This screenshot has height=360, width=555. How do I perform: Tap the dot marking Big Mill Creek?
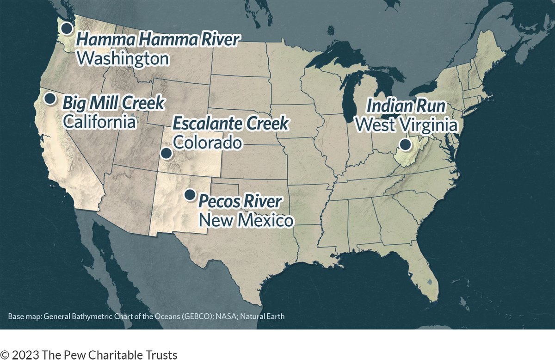point(50,98)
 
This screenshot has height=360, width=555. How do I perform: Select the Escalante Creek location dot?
point(166,153)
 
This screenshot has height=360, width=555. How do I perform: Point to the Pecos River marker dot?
point(190,194)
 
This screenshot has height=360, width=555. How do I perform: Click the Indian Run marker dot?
point(406,144)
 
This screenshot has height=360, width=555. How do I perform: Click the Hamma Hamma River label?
point(157,40)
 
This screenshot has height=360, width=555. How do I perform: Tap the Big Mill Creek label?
point(113,103)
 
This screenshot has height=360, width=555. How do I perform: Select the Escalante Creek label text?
point(230,124)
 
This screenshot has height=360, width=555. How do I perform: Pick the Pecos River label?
point(240,202)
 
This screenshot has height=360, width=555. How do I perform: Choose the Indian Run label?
point(406,106)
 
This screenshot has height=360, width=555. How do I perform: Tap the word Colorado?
point(207,142)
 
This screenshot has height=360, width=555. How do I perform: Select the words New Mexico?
point(246,220)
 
